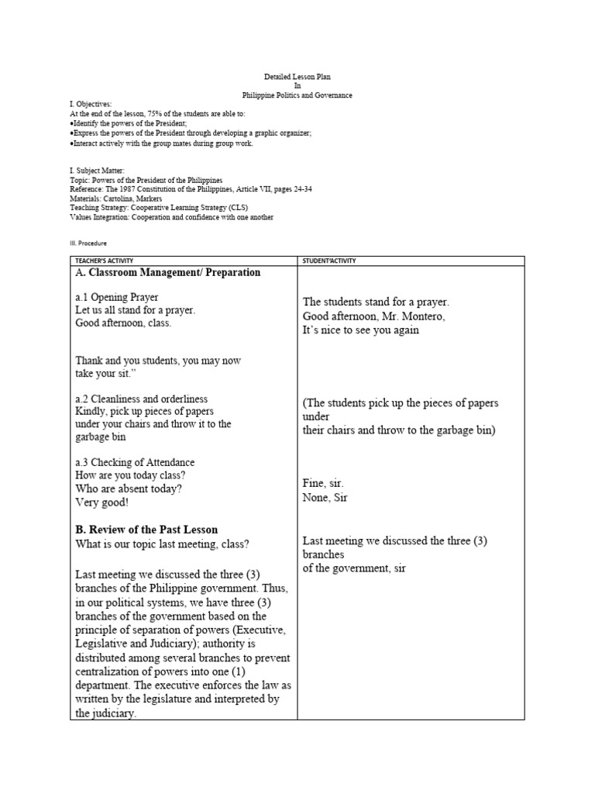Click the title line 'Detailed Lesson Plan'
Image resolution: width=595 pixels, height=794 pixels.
coord(297,78)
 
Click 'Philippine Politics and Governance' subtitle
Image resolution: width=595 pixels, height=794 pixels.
coord(297,95)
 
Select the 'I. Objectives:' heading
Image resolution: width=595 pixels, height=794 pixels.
coord(91,104)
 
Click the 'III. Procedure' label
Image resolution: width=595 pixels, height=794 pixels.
coord(88,243)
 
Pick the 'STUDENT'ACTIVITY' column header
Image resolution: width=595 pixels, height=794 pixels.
coord(330,261)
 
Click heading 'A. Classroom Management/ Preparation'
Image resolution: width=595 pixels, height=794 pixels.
coord(168,273)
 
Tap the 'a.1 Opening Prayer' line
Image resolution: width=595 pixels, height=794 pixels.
coord(117,298)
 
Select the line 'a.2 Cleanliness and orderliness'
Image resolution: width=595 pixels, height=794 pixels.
coord(142,399)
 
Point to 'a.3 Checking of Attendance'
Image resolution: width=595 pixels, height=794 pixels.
coord(136,462)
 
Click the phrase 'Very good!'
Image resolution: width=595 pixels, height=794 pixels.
coord(101,502)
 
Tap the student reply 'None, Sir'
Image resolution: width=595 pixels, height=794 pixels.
coord(325,498)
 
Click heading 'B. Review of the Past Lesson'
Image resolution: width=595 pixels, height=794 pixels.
coord(146,530)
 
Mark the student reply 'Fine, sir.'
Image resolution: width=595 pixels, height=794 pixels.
coord(323,484)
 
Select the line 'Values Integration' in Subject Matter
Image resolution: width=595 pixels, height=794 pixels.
coord(171,217)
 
